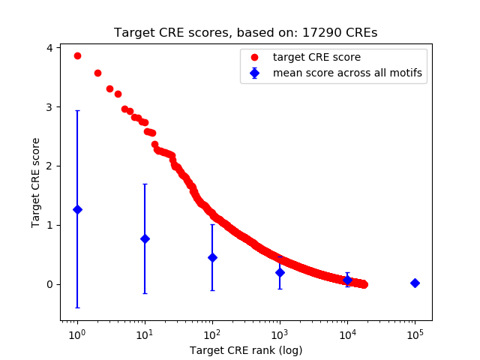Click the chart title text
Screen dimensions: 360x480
pos(246,33)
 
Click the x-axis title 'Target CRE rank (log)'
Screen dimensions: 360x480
pos(246,349)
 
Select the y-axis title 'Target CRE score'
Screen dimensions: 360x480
pos(35,183)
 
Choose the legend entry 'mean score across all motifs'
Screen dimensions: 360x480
pos(347,73)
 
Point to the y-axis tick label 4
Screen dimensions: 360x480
pos(49,48)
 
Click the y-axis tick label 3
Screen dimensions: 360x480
pos(49,107)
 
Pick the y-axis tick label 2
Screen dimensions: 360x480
pos(49,166)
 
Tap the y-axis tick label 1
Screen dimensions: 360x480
pos(49,225)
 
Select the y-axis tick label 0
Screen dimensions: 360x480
pos(49,284)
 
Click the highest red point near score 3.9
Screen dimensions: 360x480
pos(77,55)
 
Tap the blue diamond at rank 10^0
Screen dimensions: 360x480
pos(77,209)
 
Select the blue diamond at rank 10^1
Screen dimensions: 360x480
pos(145,238)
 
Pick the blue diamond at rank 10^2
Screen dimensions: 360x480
pos(212,257)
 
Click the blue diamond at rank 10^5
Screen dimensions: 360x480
pos(415,283)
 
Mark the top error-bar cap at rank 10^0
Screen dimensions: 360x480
pos(77,111)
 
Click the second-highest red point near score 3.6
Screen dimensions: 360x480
pos(97,73)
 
